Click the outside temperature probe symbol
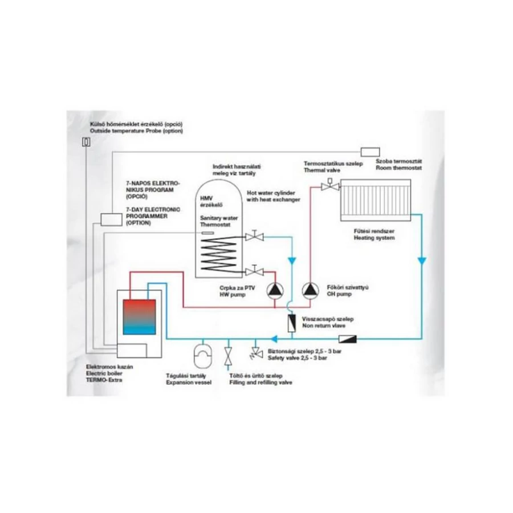[x=86, y=142]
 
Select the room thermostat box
[x=370, y=152]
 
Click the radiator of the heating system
[x=375, y=199]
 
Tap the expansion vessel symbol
[x=202, y=355]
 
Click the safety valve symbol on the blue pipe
[x=251, y=355]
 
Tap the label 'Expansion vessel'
[x=188, y=382]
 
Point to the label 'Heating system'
[x=374, y=238]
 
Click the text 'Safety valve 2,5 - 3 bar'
[x=297, y=359]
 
